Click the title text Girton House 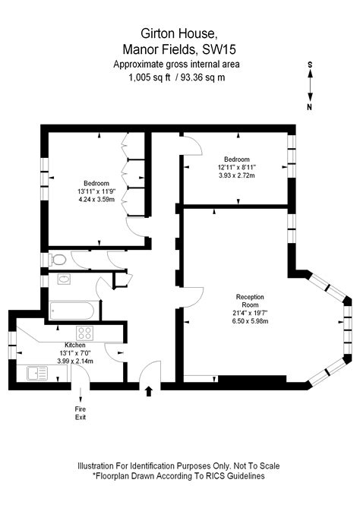[x=179, y=33]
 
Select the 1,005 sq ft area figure [x=149, y=77]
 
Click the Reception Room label [x=249, y=301]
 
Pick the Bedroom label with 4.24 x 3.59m [x=96, y=183]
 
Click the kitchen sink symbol [x=36, y=373]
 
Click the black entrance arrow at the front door [x=148, y=390]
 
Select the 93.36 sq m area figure [x=204, y=77]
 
